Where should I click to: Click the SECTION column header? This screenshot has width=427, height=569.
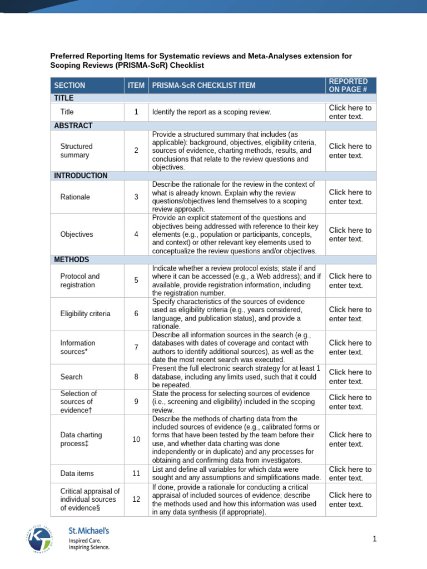[69, 86]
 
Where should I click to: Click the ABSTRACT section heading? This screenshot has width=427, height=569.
[73, 126]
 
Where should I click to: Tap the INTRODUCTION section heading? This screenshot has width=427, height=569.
[81, 176]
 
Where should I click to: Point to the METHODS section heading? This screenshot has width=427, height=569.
[71, 259]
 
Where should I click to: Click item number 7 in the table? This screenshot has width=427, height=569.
[136, 347]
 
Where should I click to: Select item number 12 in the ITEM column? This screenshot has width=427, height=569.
[136, 499]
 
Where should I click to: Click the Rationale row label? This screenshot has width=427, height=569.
[75, 197]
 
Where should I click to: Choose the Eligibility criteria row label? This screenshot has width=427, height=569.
[85, 313]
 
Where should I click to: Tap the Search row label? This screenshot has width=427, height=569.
[71, 377]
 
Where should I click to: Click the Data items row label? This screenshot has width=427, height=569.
[77, 473]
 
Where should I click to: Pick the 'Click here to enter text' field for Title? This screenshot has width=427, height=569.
[350, 112]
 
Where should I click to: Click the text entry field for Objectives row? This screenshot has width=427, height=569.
[350, 234]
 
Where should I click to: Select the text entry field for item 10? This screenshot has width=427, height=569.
[350, 440]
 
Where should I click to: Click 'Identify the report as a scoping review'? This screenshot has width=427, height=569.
[211, 112]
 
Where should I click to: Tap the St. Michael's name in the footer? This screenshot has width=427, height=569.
[88, 531]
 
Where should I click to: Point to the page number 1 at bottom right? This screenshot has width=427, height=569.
[375, 538]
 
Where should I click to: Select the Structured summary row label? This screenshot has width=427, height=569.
[76, 151]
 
